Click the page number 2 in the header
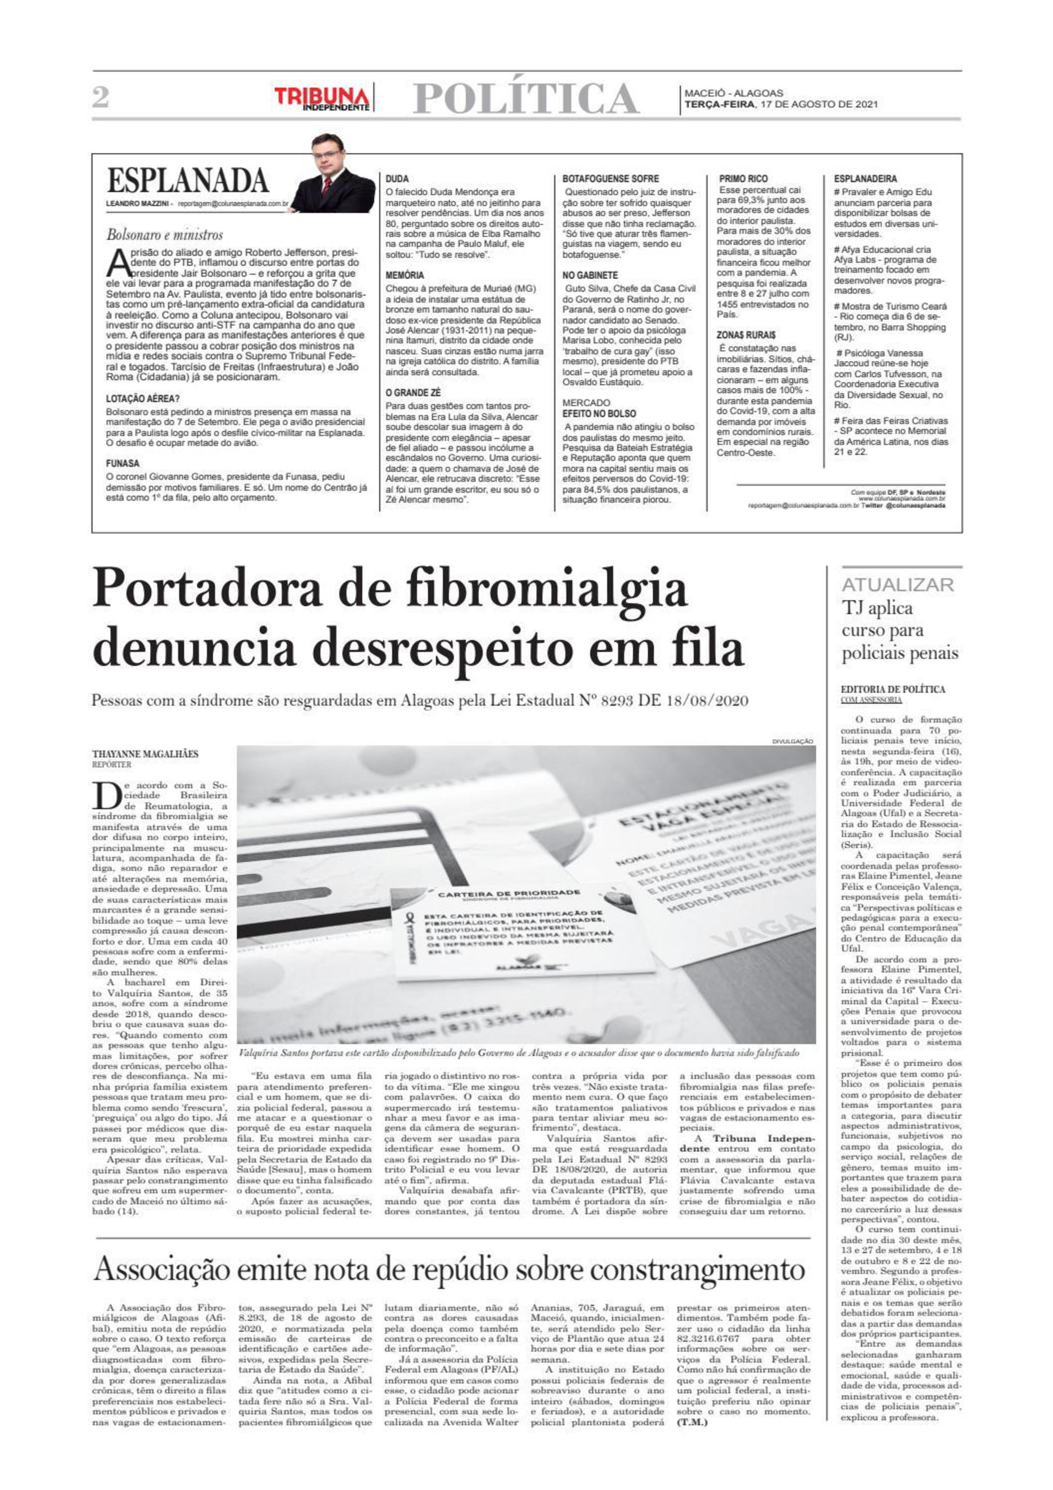coord(100,98)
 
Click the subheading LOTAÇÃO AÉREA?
coord(143,399)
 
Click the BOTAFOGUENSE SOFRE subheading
coord(610,179)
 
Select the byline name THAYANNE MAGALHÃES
coord(145,754)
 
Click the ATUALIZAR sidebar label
coord(897,585)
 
